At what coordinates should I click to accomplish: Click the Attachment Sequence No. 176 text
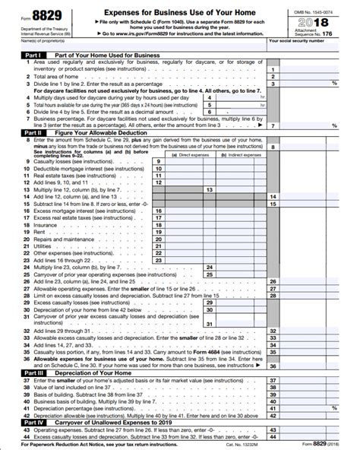tap(320, 36)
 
